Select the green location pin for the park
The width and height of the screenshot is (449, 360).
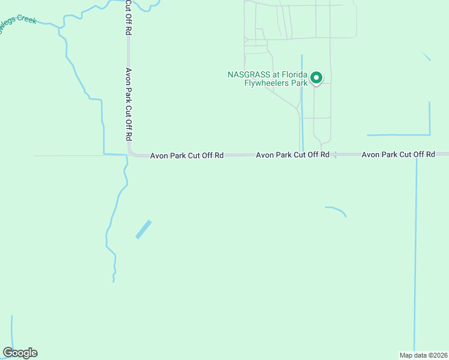coord(316,78)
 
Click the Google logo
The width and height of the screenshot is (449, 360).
coord(20,353)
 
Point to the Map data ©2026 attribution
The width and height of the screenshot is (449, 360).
coord(423,355)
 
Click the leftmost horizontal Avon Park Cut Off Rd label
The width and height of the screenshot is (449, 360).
coord(187,155)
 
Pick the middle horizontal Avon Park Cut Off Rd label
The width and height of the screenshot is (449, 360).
coord(292,155)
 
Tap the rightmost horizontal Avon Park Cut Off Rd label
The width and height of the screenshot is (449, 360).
coord(398,155)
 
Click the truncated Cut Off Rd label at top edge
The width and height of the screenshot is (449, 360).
coord(128,18)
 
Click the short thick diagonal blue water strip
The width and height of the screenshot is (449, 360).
coord(143,229)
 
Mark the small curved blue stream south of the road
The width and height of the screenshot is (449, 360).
coord(337,210)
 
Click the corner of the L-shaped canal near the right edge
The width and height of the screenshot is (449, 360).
coord(429,134)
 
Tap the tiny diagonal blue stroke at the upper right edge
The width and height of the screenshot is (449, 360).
coord(426,56)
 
